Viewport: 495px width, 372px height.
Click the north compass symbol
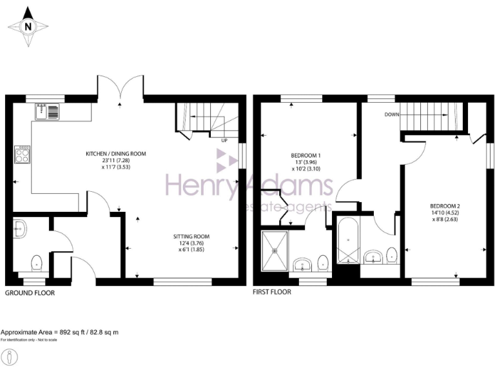click(x=28, y=26)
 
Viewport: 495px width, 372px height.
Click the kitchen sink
click(x=48, y=111)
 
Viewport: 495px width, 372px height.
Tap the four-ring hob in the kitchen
click(x=23, y=154)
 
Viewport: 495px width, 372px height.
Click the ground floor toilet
click(x=37, y=263)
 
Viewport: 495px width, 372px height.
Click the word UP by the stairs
click(x=224, y=140)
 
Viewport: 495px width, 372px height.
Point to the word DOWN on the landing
click(x=392, y=114)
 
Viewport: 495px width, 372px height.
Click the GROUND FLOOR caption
click(x=30, y=293)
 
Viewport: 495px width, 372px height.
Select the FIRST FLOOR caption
click(x=272, y=292)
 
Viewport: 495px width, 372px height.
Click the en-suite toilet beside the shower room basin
click(x=322, y=263)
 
